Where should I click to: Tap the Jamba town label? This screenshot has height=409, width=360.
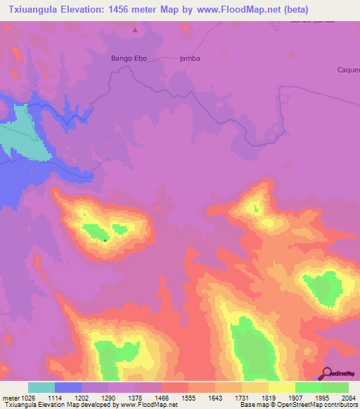(x=190, y=58)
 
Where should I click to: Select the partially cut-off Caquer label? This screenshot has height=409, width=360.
(x=348, y=70)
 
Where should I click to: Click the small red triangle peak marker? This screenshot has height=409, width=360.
(x=135, y=30)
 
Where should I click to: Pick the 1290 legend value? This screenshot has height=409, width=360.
(x=109, y=398)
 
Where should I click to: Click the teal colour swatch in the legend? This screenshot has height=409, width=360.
(x=41, y=387)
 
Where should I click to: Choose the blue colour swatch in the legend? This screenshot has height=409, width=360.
(x=68, y=387)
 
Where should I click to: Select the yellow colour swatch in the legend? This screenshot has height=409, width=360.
(x=282, y=387)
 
